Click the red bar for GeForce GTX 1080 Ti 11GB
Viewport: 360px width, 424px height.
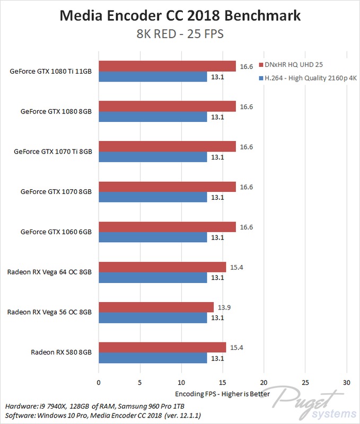tap(167, 66)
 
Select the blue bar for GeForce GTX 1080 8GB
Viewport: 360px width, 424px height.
tap(153, 117)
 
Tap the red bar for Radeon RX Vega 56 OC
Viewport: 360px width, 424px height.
tap(156, 307)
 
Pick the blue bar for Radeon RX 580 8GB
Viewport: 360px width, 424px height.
tap(153, 358)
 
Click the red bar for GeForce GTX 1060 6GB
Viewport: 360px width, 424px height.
tap(167, 227)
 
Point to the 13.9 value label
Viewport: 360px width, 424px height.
tap(224, 307)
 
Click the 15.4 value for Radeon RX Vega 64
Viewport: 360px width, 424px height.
tap(236, 267)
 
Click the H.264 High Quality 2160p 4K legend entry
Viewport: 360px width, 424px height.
tap(308, 79)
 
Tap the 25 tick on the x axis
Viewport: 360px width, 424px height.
tap(305, 382)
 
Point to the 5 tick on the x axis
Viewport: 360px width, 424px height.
tap(140, 382)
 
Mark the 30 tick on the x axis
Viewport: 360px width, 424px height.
tap(346, 382)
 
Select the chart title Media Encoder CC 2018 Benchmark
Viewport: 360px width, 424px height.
tap(180, 16)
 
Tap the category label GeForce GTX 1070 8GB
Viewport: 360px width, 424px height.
tap(56, 191)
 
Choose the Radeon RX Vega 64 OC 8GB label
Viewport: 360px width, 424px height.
tap(49, 272)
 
